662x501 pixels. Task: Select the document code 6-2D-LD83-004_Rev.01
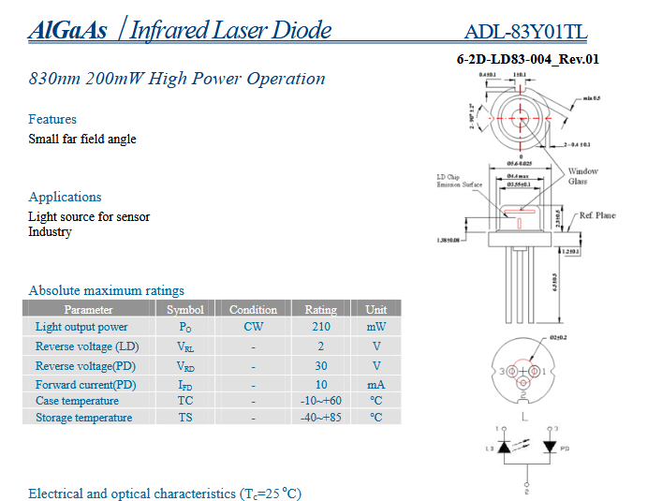pyautogui.click(x=527, y=59)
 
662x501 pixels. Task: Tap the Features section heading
pyautogui.click(x=52, y=119)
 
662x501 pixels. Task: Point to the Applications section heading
pyautogui.click(x=65, y=197)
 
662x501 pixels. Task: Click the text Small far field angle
pyautogui.click(x=82, y=139)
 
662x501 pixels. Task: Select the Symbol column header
pyautogui.click(x=184, y=309)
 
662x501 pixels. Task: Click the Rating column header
pyautogui.click(x=321, y=309)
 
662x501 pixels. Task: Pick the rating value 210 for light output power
pyautogui.click(x=321, y=327)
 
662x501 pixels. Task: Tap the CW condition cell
pyautogui.click(x=253, y=327)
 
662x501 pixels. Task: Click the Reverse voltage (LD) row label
pyautogui.click(x=87, y=346)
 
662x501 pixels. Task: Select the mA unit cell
pyautogui.click(x=376, y=384)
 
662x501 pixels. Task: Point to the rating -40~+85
pyautogui.click(x=321, y=418)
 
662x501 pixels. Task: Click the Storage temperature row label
pyautogui.click(x=84, y=418)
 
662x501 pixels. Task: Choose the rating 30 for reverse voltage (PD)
pyautogui.click(x=321, y=366)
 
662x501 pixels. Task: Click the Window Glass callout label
pyautogui.click(x=583, y=176)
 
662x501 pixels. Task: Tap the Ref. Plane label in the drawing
pyautogui.click(x=596, y=215)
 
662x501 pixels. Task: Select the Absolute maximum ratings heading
pyautogui.click(x=107, y=290)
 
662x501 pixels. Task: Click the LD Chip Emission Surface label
pyautogui.click(x=459, y=181)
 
